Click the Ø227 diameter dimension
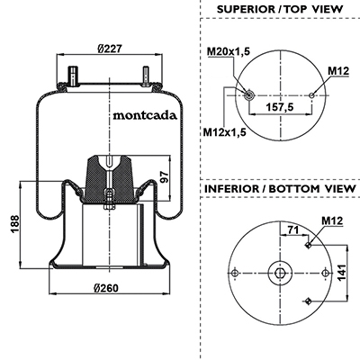[110, 48]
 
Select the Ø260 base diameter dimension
[106, 288]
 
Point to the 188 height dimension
[15, 223]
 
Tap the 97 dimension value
[164, 177]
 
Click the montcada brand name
[145, 115]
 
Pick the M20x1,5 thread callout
[228, 51]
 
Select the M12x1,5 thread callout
[224, 131]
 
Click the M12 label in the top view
[338, 71]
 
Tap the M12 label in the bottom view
[332, 220]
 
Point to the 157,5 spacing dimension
[280, 106]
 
